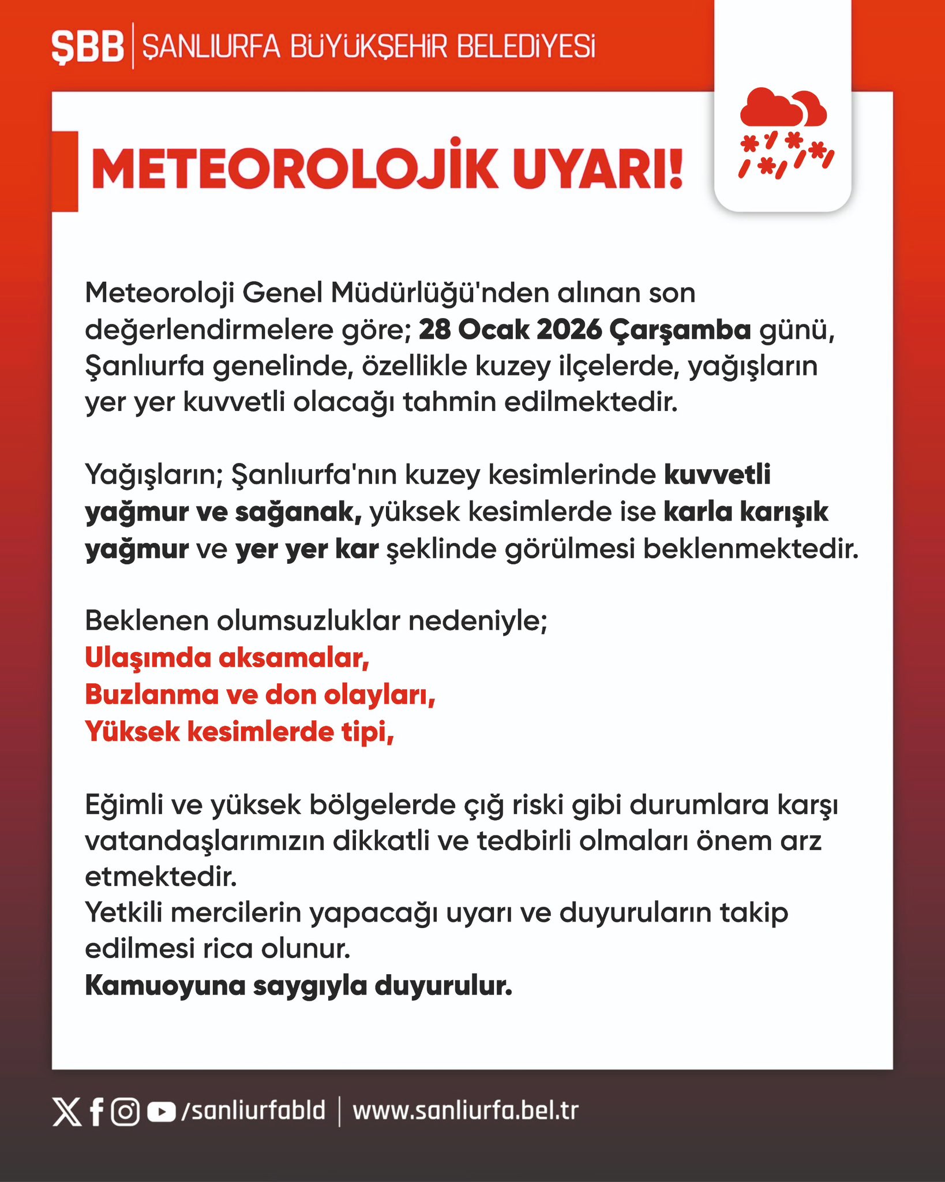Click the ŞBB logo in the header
[x=88, y=47]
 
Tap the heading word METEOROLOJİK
[x=294, y=170]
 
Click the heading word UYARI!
[x=597, y=170]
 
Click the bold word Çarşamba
[x=681, y=330]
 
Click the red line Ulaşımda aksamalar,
[x=227, y=658]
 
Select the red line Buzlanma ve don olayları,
[x=260, y=695]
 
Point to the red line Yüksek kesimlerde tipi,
[x=239, y=732]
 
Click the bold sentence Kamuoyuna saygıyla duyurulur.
[x=298, y=986]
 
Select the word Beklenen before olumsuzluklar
[x=147, y=622]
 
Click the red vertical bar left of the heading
[x=65, y=171]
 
